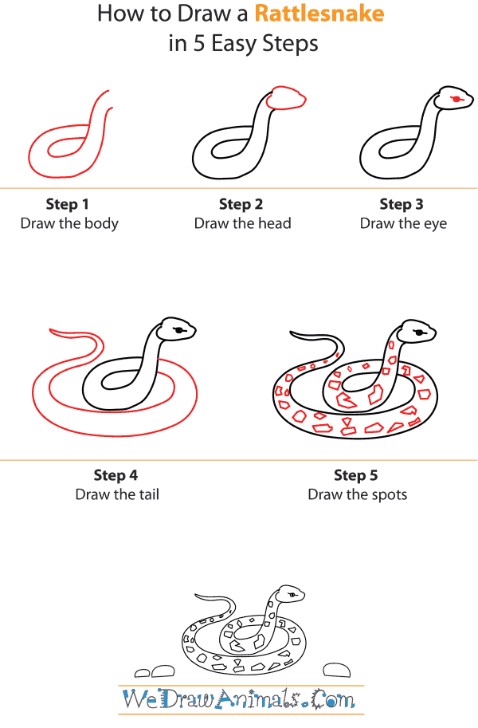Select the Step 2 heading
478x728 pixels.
241,205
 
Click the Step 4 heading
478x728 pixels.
116,476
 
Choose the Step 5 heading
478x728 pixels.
356,476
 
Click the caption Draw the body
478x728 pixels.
69,223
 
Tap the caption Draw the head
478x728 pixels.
243,223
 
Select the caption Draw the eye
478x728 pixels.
403,223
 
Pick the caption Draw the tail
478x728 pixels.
117,494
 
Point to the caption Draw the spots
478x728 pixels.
358,494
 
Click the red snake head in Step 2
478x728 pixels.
286,98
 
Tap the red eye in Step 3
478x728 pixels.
456,99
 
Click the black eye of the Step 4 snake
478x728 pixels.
182,329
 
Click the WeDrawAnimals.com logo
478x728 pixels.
239,700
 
